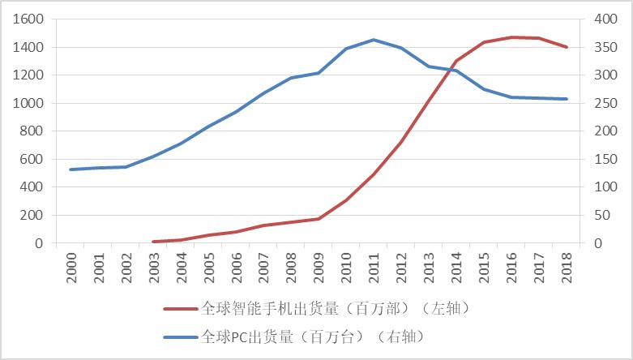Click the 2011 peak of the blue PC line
pyautogui.click(x=374, y=40)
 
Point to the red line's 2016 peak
pyautogui.click(x=511, y=37)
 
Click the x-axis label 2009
pyautogui.click(x=319, y=266)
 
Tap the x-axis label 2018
pyautogui.click(x=567, y=266)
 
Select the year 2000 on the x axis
pyautogui.click(x=71, y=266)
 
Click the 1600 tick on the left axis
pyautogui.click(x=29, y=19)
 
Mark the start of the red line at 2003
pyautogui.click(x=153, y=242)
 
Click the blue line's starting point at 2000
pyautogui.click(x=71, y=169)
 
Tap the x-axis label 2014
pyautogui.click(x=456, y=266)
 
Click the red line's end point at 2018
pyautogui.click(x=567, y=47)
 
